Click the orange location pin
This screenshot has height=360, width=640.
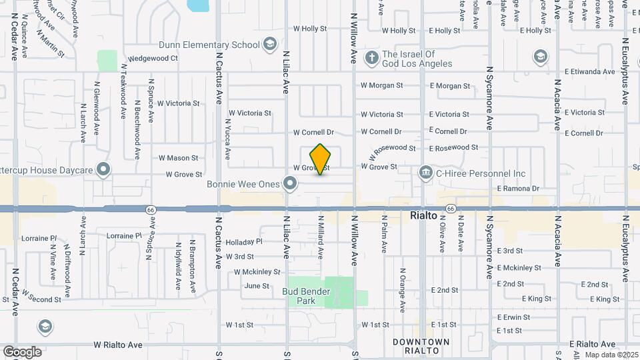pos(320,158)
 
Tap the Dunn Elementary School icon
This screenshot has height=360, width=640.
pos(269,45)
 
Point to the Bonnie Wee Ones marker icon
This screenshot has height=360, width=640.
pos(290,183)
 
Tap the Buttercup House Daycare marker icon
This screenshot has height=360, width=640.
pos(103,170)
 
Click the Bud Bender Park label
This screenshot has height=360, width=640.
pos(306,296)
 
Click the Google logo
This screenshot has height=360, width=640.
pos(22,352)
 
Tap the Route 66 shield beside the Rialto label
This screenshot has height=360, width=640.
pos(451,209)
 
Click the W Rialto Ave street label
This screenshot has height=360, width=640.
pos(118,345)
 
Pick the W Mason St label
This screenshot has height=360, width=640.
pos(178,158)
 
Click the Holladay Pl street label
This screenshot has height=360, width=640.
pos(244,242)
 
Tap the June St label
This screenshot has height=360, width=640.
pos(257,286)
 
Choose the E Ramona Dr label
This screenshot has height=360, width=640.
pos(518,189)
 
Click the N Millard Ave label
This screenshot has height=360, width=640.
pos(321,237)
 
